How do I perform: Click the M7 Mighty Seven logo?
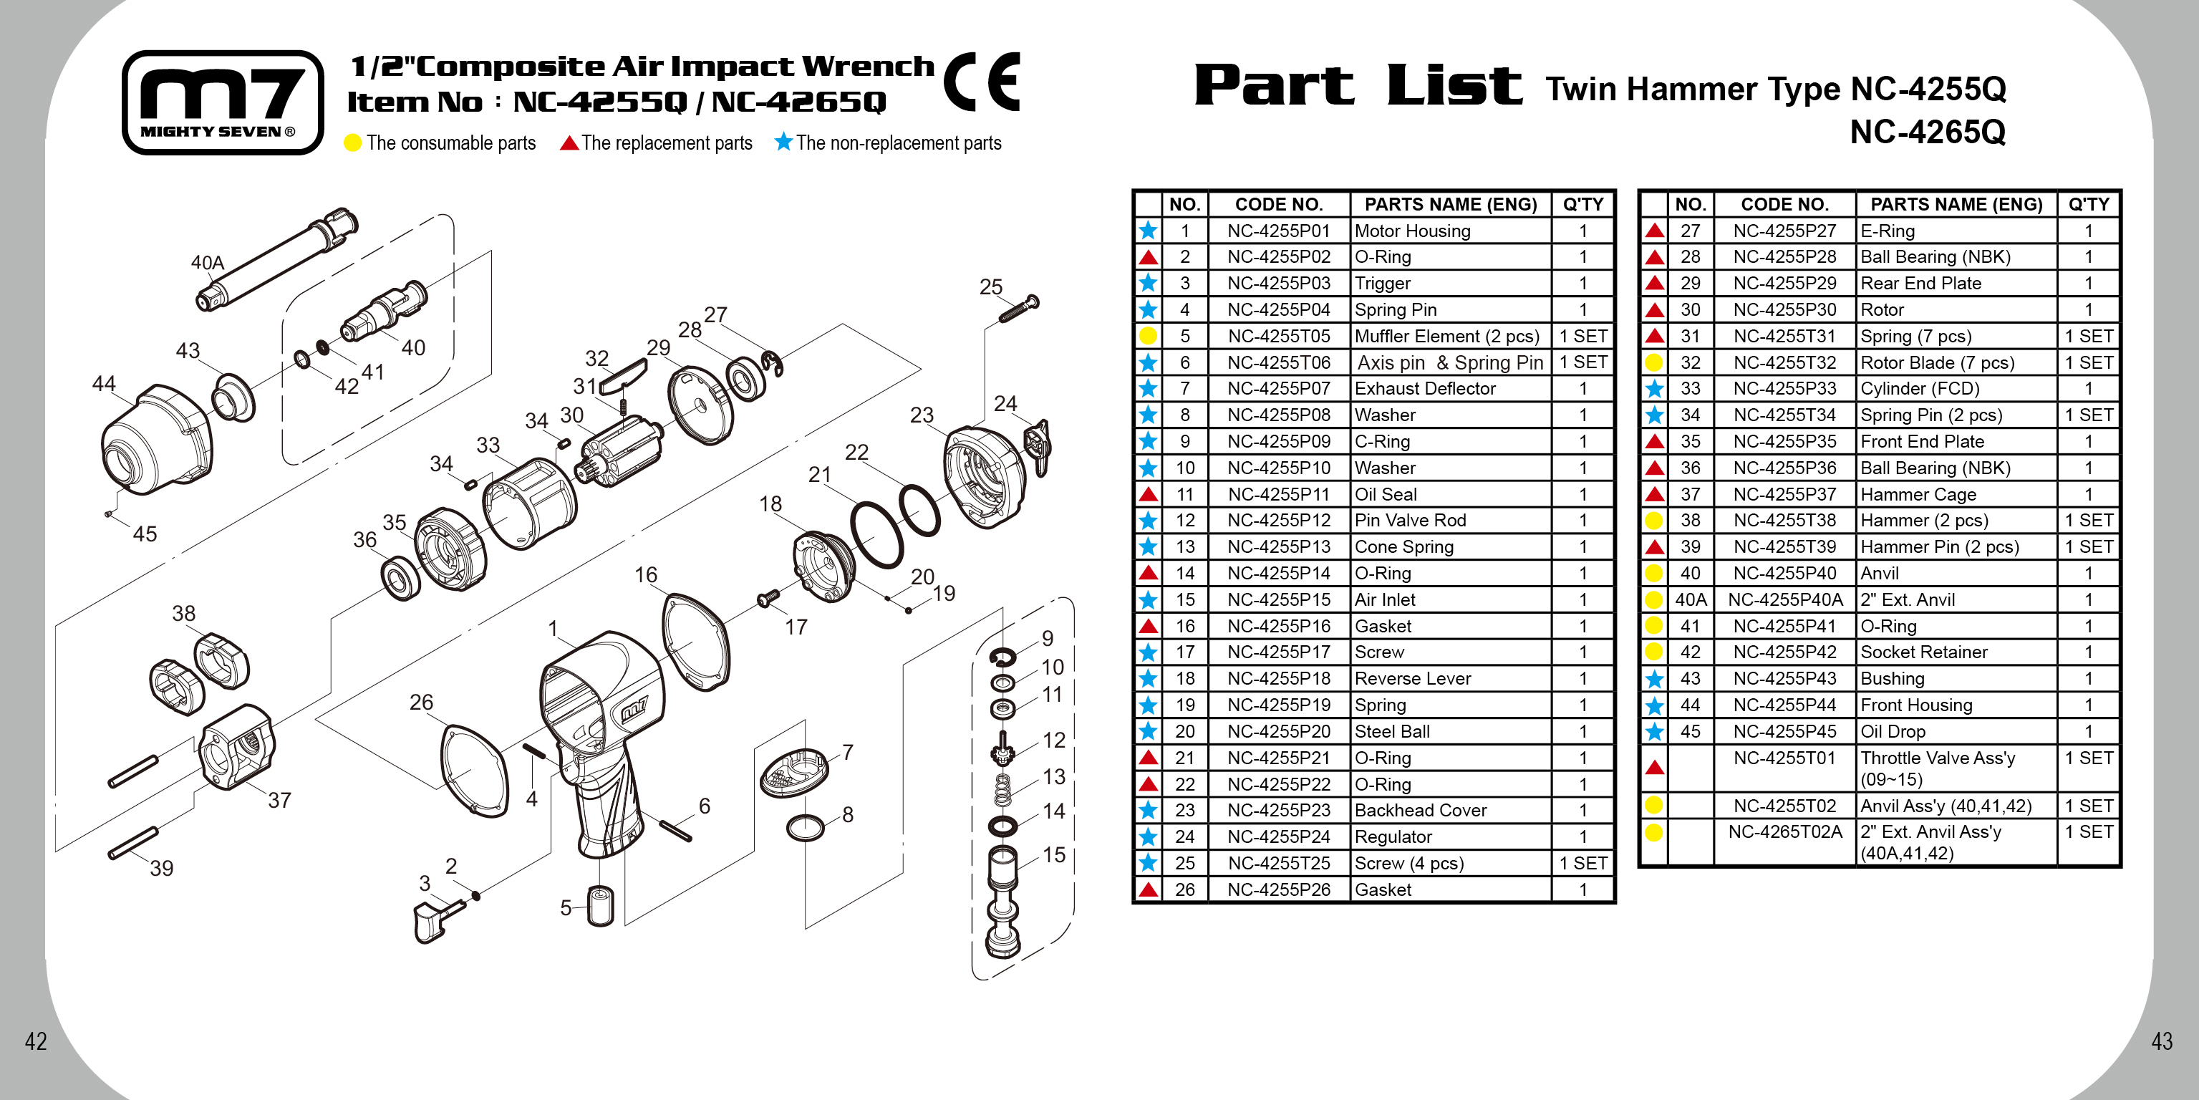click(x=223, y=102)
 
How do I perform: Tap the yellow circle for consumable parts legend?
click(x=352, y=143)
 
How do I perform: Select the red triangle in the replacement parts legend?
click(x=569, y=143)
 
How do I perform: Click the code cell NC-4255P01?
click(x=1278, y=231)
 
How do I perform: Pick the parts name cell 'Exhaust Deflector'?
click(x=1425, y=389)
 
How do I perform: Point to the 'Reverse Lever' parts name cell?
click(x=1412, y=679)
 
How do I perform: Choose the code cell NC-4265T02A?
click(x=1784, y=832)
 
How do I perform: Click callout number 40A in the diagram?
click(x=207, y=262)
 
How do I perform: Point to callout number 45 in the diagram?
click(x=144, y=534)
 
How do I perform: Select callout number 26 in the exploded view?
click(x=421, y=702)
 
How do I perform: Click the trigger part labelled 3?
click(x=430, y=922)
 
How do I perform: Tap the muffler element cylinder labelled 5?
click(x=600, y=906)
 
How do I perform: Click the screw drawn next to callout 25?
click(x=1019, y=310)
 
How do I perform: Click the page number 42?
click(x=35, y=1041)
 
